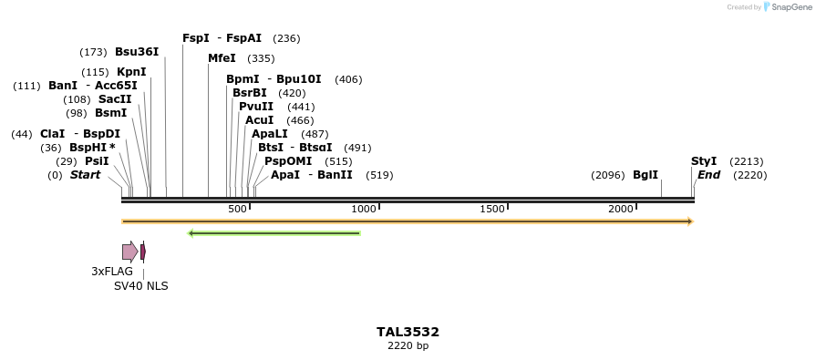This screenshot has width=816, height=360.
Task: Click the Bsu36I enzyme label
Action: (x=137, y=52)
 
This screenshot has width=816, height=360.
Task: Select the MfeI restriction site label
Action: (x=222, y=58)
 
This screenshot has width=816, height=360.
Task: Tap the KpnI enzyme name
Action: (x=131, y=72)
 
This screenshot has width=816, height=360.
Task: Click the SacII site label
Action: (x=115, y=99)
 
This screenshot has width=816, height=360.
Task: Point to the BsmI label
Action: (x=110, y=113)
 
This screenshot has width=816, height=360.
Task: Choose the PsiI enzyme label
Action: (x=97, y=161)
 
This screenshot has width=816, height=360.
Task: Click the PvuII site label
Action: (x=256, y=107)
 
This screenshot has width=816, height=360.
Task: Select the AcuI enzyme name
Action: (x=259, y=120)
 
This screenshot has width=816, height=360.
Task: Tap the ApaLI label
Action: (x=270, y=134)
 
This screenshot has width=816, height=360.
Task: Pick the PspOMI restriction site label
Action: (x=286, y=161)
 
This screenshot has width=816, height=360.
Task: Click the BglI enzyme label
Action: (x=646, y=175)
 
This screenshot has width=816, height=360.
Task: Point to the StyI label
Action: (x=704, y=161)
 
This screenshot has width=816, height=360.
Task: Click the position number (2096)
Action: (x=607, y=175)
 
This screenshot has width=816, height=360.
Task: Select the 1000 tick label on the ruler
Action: (x=364, y=210)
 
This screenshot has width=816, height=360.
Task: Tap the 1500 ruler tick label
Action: (x=492, y=210)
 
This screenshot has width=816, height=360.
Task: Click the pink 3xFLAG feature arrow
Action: (x=130, y=252)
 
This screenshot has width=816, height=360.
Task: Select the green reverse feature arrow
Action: (x=274, y=233)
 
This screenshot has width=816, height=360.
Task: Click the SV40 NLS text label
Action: (x=140, y=286)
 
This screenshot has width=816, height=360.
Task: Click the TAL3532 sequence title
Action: (x=408, y=332)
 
